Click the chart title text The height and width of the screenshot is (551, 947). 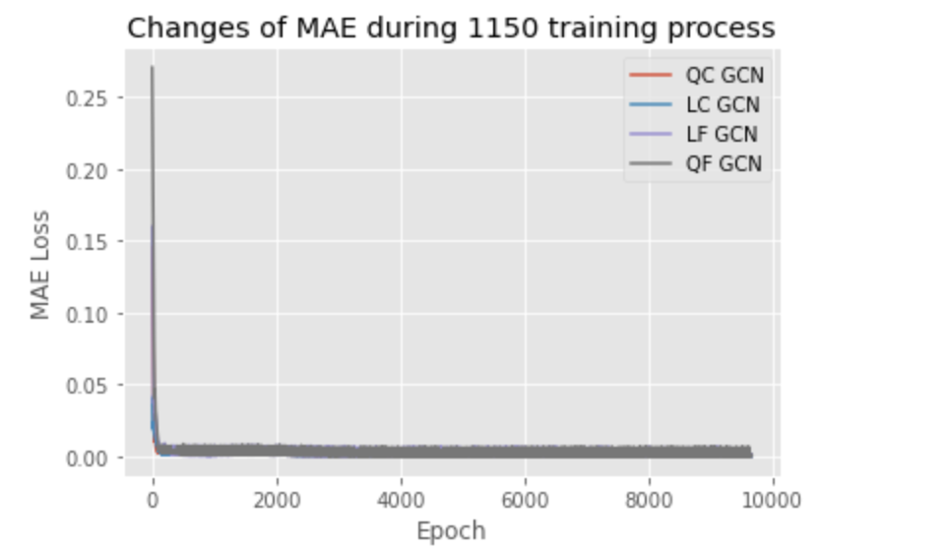452,29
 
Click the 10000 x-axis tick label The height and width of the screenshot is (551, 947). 773,496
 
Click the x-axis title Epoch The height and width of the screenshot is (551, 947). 451,531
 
